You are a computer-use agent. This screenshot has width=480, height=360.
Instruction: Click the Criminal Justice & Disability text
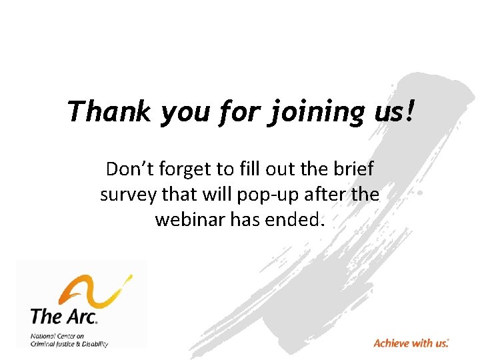(69, 344)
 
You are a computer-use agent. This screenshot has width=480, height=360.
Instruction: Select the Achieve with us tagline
(411, 343)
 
